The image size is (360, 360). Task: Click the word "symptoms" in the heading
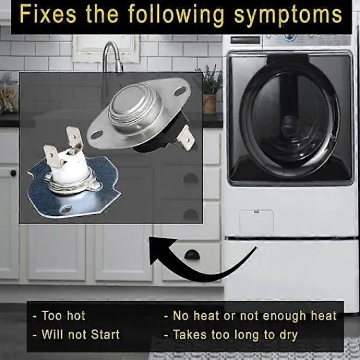tap(288, 14)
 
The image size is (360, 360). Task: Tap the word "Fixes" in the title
tap(48, 13)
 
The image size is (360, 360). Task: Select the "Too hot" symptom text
tap(64, 316)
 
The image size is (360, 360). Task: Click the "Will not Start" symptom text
tap(80, 334)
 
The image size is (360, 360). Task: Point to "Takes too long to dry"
tap(235, 335)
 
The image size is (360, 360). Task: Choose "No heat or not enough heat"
tap(254, 316)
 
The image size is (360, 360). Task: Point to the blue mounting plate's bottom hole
tap(65, 209)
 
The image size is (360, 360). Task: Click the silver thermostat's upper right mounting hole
tap(180, 91)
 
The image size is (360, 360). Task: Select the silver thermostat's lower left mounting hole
tap(97, 134)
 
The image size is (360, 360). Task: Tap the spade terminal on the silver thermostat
tap(186, 137)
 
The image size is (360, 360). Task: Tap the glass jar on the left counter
tap(9, 94)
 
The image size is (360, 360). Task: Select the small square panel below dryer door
tap(256, 221)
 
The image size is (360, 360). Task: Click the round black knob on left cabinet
tap(13, 173)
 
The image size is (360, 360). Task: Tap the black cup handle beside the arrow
tap(192, 255)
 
